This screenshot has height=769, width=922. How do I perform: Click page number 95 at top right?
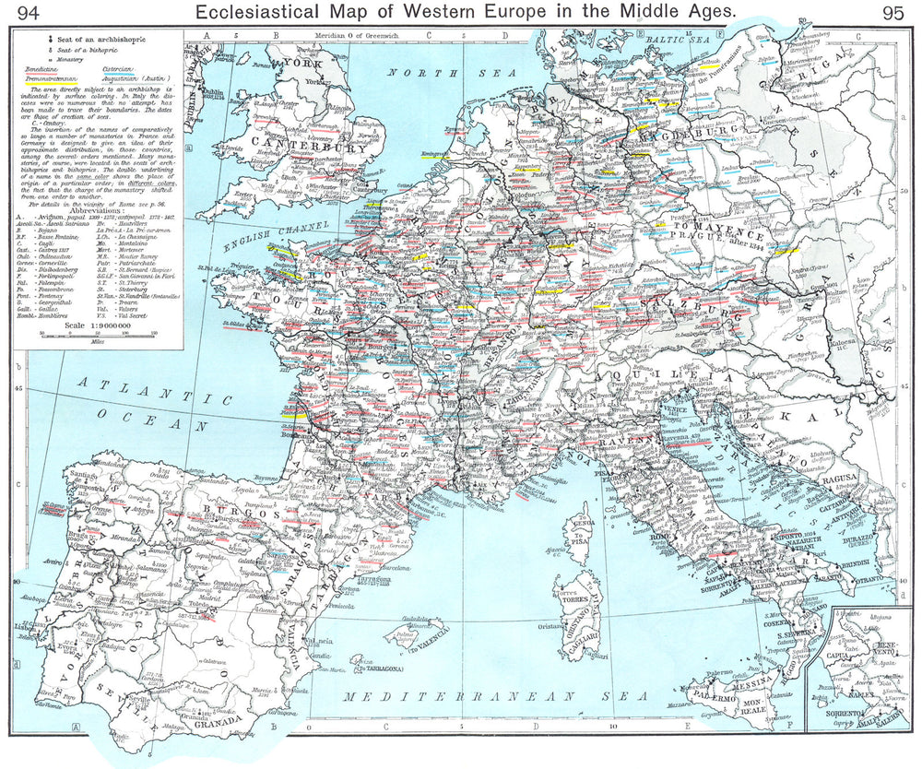tap(892, 12)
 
